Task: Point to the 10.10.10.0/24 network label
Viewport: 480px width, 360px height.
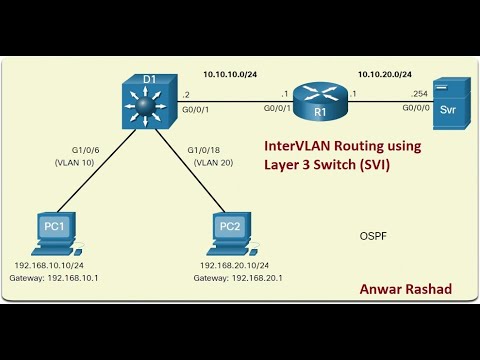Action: click(229, 74)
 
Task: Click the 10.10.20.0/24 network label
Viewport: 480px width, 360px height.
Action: click(385, 74)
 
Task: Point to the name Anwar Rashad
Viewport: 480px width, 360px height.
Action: click(404, 288)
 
